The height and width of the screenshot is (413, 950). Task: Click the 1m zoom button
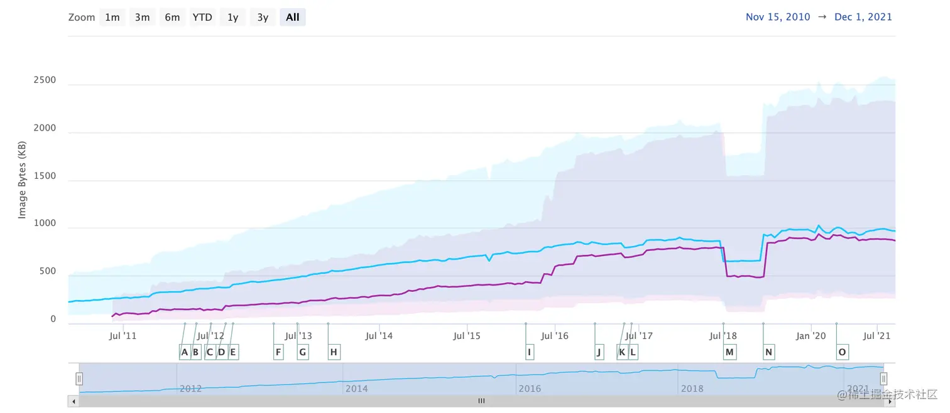[x=112, y=18]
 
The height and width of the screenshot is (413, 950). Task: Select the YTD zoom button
[x=202, y=18]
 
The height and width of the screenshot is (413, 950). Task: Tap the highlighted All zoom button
[x=293, y=18]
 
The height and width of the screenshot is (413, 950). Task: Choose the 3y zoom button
[x=263, y=18]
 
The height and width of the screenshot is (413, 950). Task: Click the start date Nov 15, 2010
[x=778, y=18]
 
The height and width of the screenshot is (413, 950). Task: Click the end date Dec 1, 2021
[x=863, y=18]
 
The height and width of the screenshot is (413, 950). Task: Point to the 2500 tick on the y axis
[x=45, y=80]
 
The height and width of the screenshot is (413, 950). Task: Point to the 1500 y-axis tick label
[x=45, y=176]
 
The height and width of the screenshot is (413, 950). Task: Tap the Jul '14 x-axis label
[x=379, y=336]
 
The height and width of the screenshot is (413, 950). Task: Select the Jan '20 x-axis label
[x=811, y=336]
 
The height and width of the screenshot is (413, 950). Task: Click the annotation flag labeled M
[x=729, y=352]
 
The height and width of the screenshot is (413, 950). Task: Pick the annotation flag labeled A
[x=185, y=352]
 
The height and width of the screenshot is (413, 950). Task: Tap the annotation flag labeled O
[x=842, y=352]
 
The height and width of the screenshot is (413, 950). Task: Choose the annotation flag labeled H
[x=334, y=352]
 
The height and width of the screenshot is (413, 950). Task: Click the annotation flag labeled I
[x=530, y=352]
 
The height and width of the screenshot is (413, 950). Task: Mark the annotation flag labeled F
[x=278, y=352]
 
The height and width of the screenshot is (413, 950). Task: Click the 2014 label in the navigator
[x=356, y=389]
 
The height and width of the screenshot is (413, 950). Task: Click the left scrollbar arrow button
[x=74, y=401]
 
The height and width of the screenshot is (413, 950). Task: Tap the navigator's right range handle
[x=883, y=378]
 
